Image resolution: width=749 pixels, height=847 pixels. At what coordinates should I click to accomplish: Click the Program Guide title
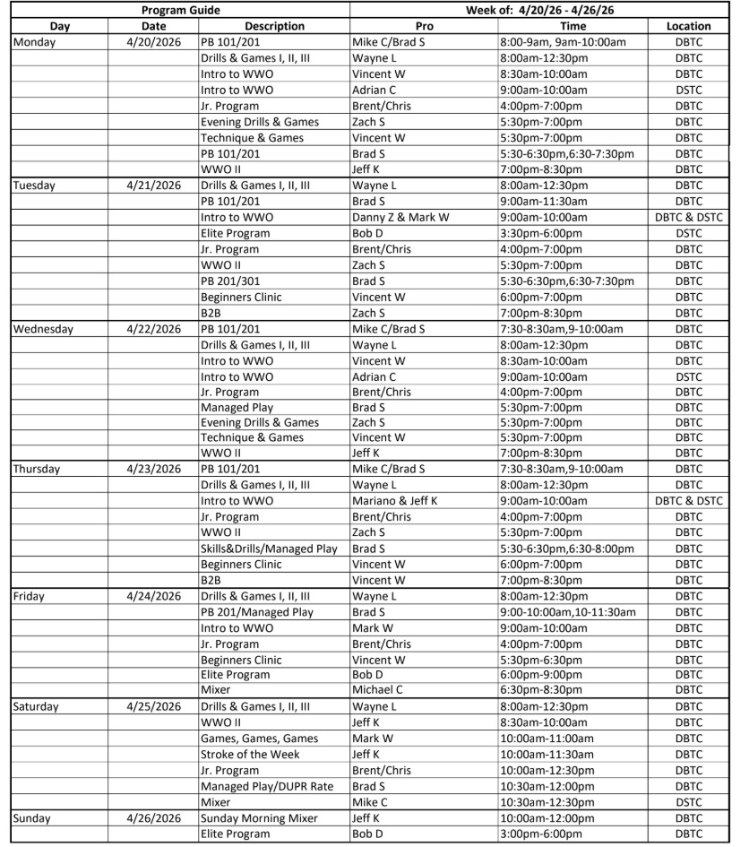click(x=180, y=10)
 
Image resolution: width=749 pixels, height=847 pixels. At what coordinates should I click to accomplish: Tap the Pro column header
click(x=424, y=26)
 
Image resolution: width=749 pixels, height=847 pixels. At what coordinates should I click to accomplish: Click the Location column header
click(x=689, y=26)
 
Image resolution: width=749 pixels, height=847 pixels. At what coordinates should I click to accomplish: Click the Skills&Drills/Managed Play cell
click(x=269, y=548)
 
